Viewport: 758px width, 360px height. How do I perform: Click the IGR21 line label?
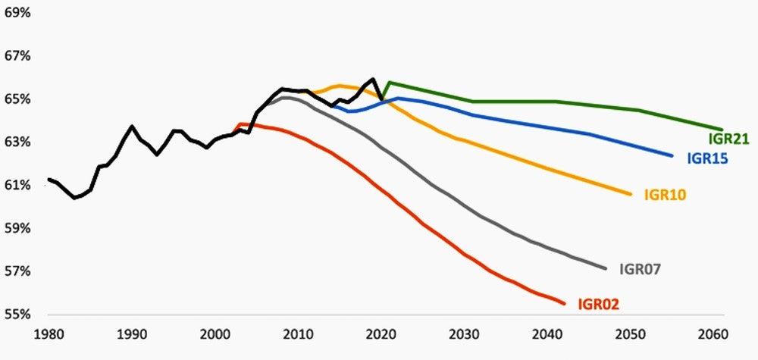[x=728, y=139]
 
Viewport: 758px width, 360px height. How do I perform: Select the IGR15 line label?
[x=708, y=159]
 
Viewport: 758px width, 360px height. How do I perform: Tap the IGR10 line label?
[x=665, y=196]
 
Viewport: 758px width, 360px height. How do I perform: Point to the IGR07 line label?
[x=641, y=268]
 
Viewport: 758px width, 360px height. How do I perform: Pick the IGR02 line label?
[x=598, y=305]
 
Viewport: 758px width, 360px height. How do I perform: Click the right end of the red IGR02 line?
[x=564, y=304]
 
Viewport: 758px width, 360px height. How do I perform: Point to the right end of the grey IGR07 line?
[x=606, y=268]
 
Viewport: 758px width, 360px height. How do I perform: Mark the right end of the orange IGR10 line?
[x=631, y=195]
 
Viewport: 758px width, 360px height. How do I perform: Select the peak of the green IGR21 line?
[x=389, y=83]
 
